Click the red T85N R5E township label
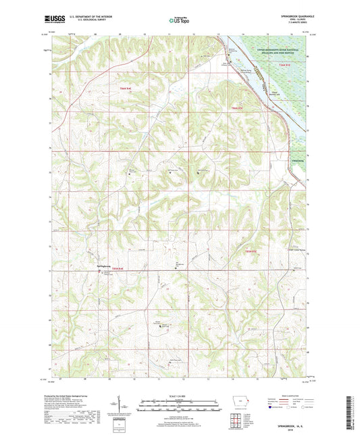(x=252, y=252)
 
